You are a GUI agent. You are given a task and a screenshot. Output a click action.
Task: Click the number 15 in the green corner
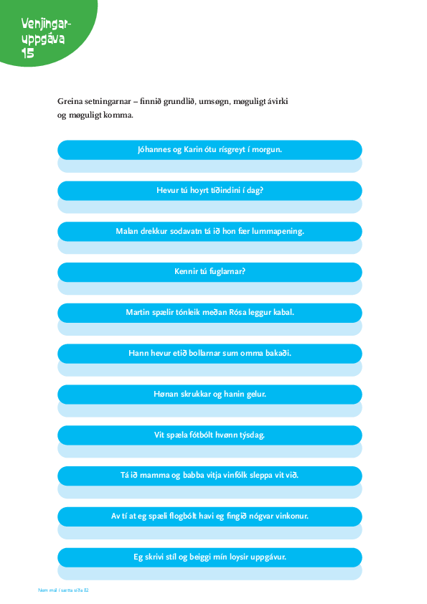pyautogui.click(x=28, y=53)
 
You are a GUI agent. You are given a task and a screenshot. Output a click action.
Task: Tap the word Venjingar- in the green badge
pyautogui.click(x=46, y=24)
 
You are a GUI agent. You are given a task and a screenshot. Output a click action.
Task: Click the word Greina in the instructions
pyautogui.click(x=70, y=101)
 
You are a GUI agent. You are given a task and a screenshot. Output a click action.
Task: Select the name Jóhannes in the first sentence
pyautogui.click(x=154, y=149)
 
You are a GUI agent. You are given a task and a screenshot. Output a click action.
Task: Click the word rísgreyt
pyautogui.click(x=232, y=150)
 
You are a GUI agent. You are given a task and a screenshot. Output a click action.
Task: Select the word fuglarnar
pyautogui.click(x=227, y=272)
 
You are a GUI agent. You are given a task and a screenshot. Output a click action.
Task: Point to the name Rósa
pyautogui.click(x=238, y=312)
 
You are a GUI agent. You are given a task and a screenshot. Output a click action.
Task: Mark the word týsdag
pyautogui.click(x=252, y=435)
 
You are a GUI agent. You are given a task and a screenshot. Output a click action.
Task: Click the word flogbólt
pyautogui.click(x=183, y=516)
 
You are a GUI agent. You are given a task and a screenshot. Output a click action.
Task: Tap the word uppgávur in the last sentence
pyautogui.click(x=268, y=557)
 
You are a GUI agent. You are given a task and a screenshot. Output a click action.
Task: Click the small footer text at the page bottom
pyautogui.click(x=63, y=590)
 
